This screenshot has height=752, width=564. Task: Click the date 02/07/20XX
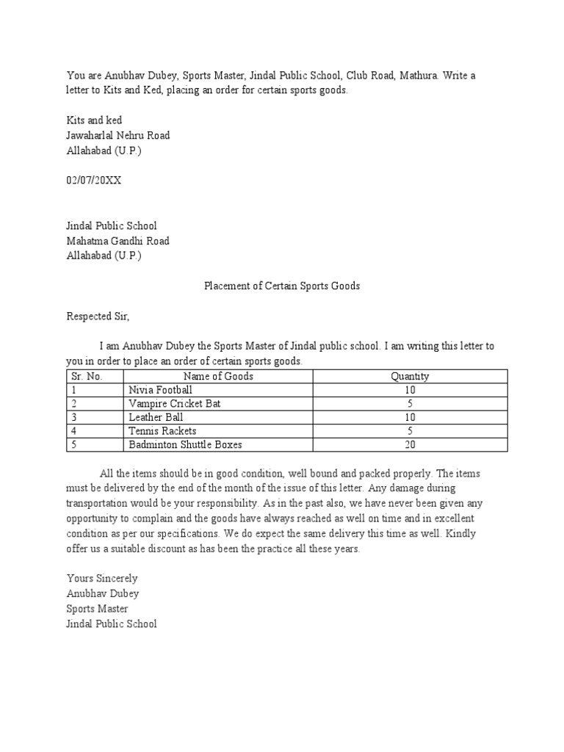pyautogui.click(x=94, y=181)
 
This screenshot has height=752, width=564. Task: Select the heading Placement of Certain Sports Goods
pyautogui.click(x=281, y=286)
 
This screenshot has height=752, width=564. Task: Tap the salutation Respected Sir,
pyautogui.click(x=98, y=317)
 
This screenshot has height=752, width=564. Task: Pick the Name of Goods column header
pyautogui.click(x=218, y=376)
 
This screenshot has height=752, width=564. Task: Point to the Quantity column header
pyautogui.click(x=410, y=376)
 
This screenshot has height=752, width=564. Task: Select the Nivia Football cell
pyautogui.click(x=160, y=389)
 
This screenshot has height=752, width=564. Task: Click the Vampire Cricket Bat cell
pyautogui.click(x=174, y=403)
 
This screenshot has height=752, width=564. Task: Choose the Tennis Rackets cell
pyautogui.click(x=162, y=430)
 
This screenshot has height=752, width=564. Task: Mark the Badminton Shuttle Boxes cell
pyautogui.click(x=185, y=444)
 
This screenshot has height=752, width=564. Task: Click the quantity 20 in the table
pyautogui.click(x=410, y=444)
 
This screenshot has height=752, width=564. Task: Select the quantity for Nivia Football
pyautogui.click(x=410, y=389)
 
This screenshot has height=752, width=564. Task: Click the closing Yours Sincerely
pyautogui.click(x=101, y=578)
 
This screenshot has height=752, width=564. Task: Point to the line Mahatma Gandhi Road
pyautogui.click(x=117, y=241)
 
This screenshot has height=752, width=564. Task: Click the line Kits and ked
pyautogui.click(x=95, y=120)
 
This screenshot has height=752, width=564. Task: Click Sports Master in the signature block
pyautogui.click(x=97, y=609)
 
